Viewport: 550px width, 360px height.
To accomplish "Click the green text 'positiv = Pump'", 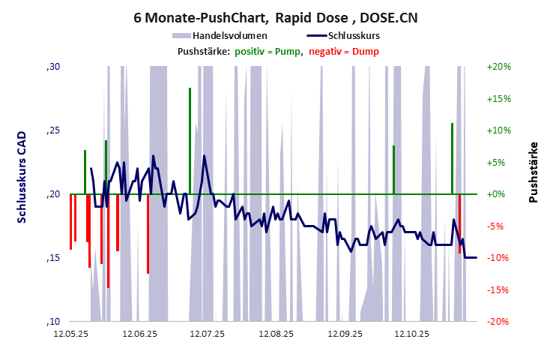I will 268,52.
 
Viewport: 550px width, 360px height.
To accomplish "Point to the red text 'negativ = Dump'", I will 344,52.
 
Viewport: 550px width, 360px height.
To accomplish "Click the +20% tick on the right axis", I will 498,67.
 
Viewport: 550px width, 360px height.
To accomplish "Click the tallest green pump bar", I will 190,141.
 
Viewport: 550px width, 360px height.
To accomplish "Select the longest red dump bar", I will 108,240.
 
